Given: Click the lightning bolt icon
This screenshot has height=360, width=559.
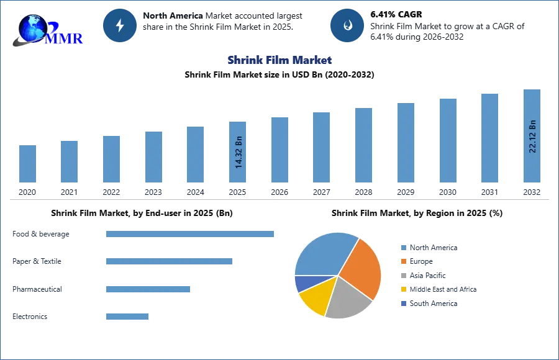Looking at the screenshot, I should pyautogui.click(x=120, y=25).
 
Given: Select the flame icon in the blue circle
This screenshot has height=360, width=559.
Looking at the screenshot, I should pyautogui.click(x=347, y=25).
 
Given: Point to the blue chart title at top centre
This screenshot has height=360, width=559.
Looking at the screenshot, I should pyautogui.click(x=279, y=60).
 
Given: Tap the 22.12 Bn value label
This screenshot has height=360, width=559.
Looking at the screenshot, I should pyautogui.click(x=532, y=135).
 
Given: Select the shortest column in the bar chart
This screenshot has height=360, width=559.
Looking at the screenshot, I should pyautogui.click(x=27, y=164).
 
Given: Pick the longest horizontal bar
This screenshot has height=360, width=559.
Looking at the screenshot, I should pyautogui.click(x=191, y=233).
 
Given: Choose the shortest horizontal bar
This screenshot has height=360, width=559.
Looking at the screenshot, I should pyautogui.click(x=127, y=317).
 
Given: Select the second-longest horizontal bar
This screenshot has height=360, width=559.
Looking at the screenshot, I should pyautogui.click(x=168, y=263).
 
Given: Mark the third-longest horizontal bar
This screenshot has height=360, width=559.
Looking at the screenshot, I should pyautogui.click(x=148, y=288).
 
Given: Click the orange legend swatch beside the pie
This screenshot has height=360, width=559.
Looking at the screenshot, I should pyautogui.click(x=402, y=263).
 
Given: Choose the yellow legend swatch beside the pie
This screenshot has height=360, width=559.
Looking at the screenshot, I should pyautogui.click(x=402, y=289).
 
